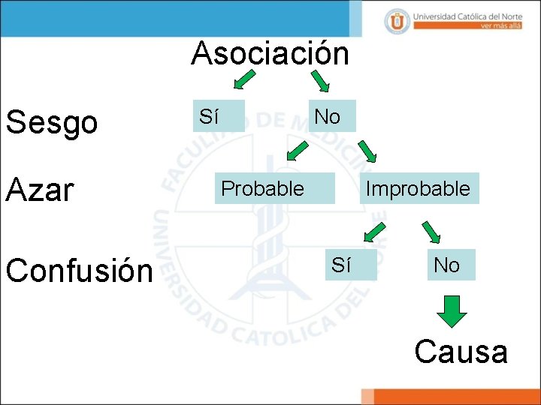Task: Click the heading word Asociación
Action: pos(270,53)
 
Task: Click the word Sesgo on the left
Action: pos(52,121)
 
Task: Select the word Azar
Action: pos(41,189)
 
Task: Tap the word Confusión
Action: pos(79,270)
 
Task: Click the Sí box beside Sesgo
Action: pos(218,116)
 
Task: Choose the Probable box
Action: pos(274,189)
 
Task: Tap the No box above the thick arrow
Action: pos(450,265)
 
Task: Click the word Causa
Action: pos(461,351)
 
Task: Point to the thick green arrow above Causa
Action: pos(452,310)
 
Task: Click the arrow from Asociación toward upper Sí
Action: pos(245,80)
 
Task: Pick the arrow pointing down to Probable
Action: pos(298,151)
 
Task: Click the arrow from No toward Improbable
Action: pos(369,151)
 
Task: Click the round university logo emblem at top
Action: pos(397,20)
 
